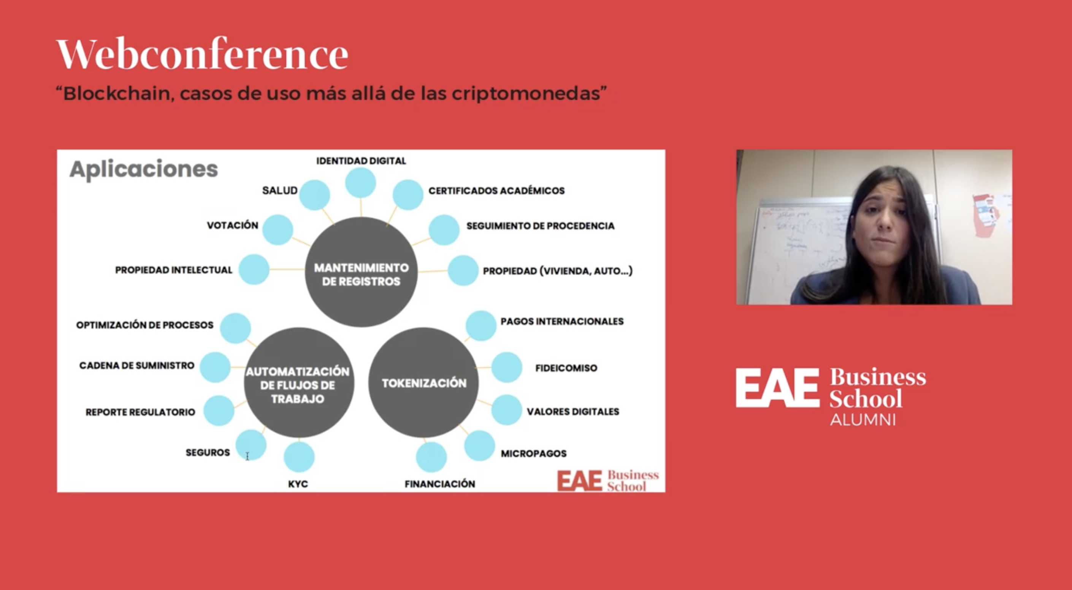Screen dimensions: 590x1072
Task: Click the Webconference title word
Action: [202, 54]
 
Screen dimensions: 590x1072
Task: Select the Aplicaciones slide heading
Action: [144, 169]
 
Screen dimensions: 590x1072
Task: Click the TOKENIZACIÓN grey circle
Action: [423, 383]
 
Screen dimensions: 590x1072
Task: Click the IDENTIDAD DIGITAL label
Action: [361, 161]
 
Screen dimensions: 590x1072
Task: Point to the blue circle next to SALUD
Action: [315, 195]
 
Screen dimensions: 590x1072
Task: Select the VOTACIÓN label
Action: [233, 225]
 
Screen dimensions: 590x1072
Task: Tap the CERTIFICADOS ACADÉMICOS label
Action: [496, 191]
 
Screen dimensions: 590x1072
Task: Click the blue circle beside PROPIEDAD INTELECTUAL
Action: [254, 269]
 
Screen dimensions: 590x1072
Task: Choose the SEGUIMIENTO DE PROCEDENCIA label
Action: [540, 226]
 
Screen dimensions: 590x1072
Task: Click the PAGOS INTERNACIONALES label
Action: [562, 321]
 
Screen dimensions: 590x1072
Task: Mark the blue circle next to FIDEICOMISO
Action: [506, 367]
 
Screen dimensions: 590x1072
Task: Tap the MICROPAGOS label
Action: [533, 453]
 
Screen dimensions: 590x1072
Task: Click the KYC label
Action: [298, 484]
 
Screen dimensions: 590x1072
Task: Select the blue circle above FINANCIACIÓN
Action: [431, 457]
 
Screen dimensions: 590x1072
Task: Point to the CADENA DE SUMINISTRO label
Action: [136, 365]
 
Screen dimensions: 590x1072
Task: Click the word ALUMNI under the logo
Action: [863, 419]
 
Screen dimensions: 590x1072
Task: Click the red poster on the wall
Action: [985, 216]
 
